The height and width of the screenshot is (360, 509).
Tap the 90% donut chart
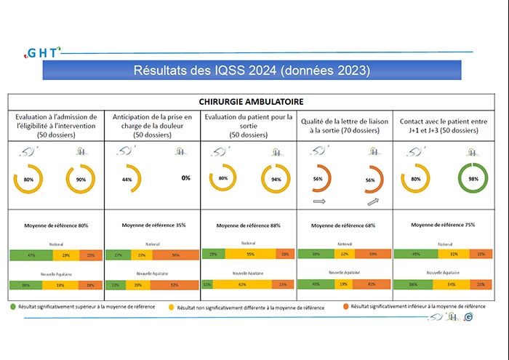coord(81,177)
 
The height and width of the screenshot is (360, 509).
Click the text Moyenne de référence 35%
coord(153,225)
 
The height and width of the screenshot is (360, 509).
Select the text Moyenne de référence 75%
coord(443,225)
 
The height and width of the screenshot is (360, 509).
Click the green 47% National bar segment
coord(32,256)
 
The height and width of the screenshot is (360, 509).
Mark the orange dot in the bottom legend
coord(345,307)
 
